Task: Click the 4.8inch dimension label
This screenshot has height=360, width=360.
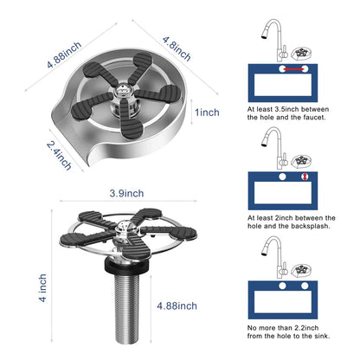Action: coord(177,48)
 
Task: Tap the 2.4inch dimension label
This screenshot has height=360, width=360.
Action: coord(59,156)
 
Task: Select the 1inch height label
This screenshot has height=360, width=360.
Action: coord(207,112)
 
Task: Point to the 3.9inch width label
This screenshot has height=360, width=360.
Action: coord(126,193)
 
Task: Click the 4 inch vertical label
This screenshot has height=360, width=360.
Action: coord(42,287)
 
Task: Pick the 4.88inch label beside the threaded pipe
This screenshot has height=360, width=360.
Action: coord(177,305)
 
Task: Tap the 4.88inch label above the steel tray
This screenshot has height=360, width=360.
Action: coord(65,55)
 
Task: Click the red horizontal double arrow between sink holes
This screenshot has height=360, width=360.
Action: coord(293,69)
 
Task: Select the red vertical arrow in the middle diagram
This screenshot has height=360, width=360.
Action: coord(305,177)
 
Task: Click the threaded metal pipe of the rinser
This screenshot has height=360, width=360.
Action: coord(126,308)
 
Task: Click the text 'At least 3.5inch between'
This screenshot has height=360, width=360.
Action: coord(288,109)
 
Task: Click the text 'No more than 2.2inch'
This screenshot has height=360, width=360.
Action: coord(283,328)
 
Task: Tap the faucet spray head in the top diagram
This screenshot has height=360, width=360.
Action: coord(265,35)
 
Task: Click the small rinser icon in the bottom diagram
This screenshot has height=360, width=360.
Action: coord(301,270)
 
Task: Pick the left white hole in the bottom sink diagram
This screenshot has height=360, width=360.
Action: coord(282,286)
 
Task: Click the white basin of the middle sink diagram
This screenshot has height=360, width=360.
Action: coord(283,193)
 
